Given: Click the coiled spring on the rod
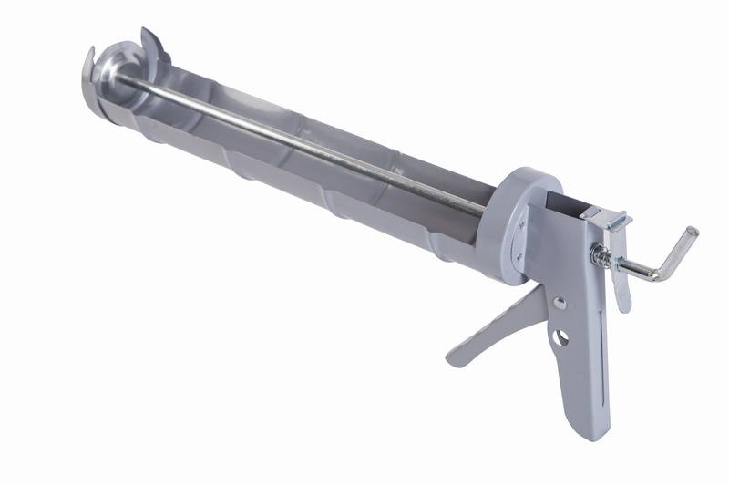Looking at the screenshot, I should coord(602,256).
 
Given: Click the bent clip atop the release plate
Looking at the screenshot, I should coord(609,219).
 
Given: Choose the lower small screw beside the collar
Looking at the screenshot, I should coord(522,258).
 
